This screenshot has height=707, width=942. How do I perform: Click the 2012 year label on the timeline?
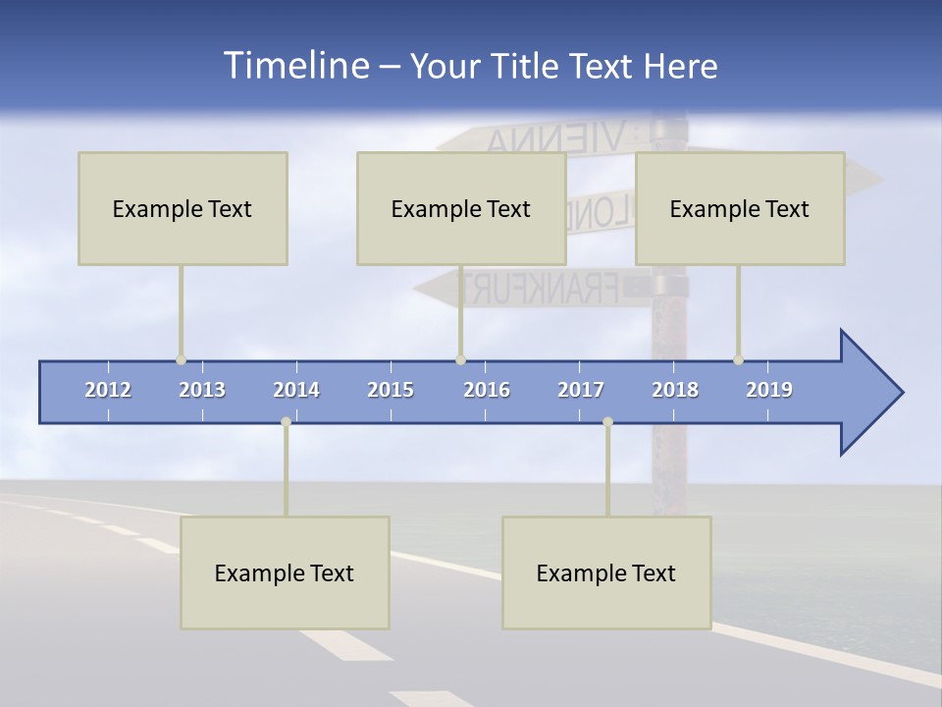coord(108,390)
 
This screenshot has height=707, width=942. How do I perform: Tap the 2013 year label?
coord(202,390)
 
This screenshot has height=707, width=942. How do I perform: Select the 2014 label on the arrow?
coord(296,390)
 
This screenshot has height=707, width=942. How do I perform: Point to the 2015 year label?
coord(391,390)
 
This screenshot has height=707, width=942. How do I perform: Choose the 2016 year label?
coord(487,390)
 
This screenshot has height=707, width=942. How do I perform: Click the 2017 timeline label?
coord(581,390)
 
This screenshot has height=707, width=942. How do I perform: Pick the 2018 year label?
coord(675,390)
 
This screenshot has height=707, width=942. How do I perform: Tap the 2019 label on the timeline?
coord(769,390)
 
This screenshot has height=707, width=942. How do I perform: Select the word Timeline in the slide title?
coord(295,66)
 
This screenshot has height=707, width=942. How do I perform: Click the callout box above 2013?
coord(183,208)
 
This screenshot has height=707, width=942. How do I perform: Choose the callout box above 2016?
coord(461,208)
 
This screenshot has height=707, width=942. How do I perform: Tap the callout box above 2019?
coord(740,208)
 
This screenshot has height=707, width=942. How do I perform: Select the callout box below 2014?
coord(285,572)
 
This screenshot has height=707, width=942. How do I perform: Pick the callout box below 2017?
coord(606,572)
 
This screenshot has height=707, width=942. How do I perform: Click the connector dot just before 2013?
coord(181,360)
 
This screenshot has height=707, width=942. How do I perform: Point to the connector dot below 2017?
coord(607,422)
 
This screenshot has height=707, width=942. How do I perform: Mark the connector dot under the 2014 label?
coord(286,422)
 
